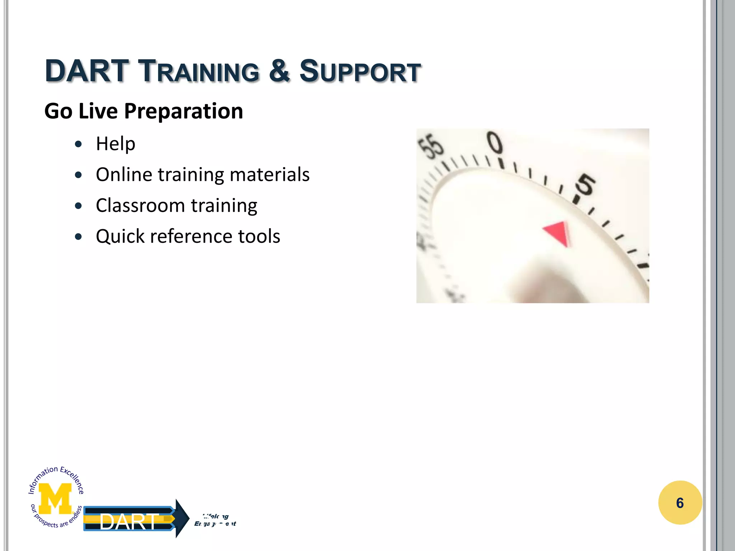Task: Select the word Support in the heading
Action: (360, 71)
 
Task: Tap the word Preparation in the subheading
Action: (183, 111)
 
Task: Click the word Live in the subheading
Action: (98, 111)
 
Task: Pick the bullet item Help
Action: (115, 144)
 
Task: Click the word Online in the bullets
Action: (124, 175)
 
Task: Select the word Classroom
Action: (140, 206)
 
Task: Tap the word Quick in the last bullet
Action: (120, 236)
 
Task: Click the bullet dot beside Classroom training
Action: (79, 206)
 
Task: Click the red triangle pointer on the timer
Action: (558, 233)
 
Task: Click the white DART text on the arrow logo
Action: (128, 522)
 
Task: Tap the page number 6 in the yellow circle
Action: (680, 503)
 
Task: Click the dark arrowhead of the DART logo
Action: (182, 518)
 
